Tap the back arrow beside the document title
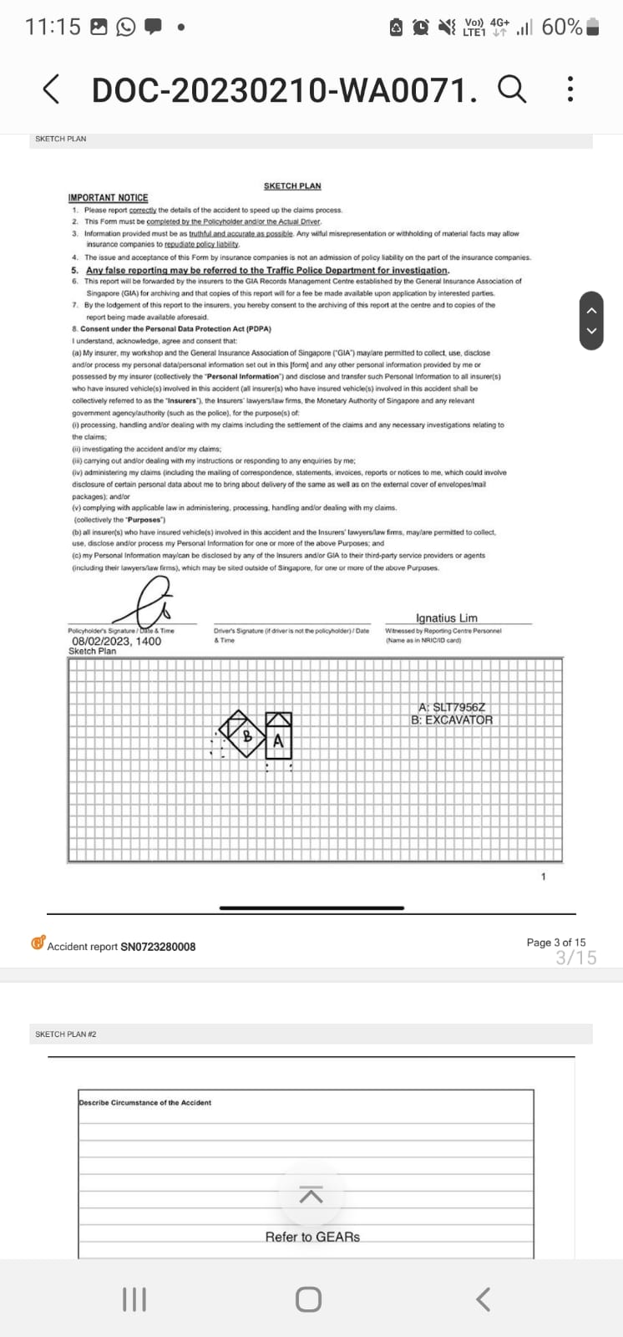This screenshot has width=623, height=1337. coord(51,89)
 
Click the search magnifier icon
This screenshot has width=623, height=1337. coord(512,88)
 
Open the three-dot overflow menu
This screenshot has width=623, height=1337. coord(570,89)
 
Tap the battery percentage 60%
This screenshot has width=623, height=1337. coord(561,27)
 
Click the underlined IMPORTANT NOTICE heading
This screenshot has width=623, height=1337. coord(108,198)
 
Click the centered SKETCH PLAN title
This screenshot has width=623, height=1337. coord(292,186)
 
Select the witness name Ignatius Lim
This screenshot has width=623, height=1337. coord(446,618)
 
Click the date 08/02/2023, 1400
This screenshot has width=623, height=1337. coord(116,641)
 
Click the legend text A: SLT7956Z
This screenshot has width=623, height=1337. coord(451,707)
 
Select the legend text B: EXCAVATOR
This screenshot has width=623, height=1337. coord(452,719)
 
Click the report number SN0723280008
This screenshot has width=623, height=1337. coord(158,947)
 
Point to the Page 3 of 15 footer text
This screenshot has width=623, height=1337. coord(555,943)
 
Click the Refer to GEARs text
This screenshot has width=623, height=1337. coord(312,1237)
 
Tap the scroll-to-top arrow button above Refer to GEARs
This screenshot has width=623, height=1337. coord(311,1196)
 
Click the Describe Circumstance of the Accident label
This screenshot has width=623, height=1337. coord(145,1102)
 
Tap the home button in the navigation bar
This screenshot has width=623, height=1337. coord(308,1299)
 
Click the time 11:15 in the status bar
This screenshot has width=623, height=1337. coord(53,27)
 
